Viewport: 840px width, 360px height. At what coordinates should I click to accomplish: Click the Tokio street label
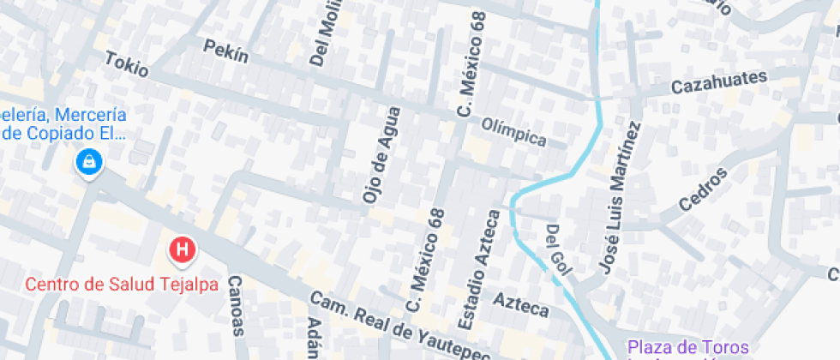pos(126,64)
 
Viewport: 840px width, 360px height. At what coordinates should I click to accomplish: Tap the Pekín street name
pos(225,51)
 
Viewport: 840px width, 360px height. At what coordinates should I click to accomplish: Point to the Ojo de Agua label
pos(381,154)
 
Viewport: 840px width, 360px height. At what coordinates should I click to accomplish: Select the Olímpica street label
pos(513,130)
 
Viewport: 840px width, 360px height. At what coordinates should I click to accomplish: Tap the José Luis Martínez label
pos(619,198)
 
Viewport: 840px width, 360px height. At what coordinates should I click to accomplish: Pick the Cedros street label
pos(702,189)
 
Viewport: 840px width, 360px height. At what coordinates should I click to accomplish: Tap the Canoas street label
pos(237,305)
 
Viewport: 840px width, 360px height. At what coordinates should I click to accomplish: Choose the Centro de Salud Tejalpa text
pos(121,285)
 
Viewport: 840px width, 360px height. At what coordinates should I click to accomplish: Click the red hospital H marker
pos(182,250)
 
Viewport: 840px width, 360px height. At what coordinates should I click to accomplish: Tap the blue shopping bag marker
pos(88,161)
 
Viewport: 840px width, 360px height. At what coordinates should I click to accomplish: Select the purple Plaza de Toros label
pos(688,347)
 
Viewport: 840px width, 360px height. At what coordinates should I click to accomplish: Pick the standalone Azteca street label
pos(520,303)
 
